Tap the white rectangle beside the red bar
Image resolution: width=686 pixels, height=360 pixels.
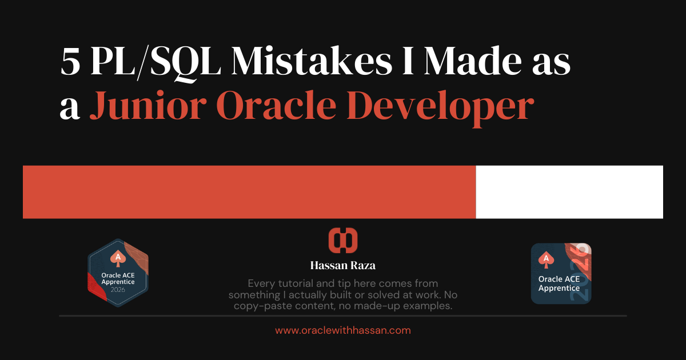click(569, 192)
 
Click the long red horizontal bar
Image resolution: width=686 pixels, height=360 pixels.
click(249, 192)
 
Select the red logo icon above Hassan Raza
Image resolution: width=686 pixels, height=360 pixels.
click(343, 241)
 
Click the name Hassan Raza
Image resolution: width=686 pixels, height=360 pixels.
click(343, 266)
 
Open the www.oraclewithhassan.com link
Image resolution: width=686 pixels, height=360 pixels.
click(343, 330)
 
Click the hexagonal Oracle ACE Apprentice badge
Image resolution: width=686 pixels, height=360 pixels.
click(118, 273)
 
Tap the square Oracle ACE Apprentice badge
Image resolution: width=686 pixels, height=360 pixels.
click(561, 274)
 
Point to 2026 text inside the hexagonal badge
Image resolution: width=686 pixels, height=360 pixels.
click(118, 290)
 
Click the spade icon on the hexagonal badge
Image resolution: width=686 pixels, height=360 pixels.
click(118, 258)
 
